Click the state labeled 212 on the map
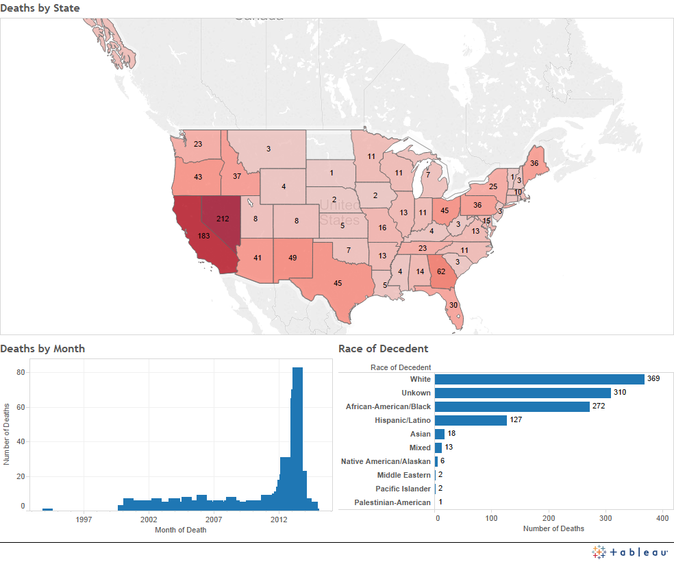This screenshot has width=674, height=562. point(223,219)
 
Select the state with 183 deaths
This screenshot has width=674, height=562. point(203,236)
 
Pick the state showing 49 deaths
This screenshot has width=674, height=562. point(292,258)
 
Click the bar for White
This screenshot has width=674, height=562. point(539,379)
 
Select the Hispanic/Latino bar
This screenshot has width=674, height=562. point(471,420)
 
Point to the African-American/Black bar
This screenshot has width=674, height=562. point(512,406)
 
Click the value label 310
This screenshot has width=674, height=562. point(620,393)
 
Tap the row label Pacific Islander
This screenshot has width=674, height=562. point(403,489)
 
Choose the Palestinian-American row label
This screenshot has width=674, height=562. point(392,502)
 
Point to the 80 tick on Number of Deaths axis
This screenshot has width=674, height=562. point(21,372)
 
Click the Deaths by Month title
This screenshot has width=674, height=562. point(42,349)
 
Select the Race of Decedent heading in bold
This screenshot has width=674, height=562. point(383,349)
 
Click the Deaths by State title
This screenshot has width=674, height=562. point(40,8)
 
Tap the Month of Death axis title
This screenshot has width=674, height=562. point(180,530)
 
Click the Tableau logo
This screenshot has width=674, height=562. point(630,552)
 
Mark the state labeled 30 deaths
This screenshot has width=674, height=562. point(453,305)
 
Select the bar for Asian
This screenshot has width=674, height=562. point(440,434)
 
